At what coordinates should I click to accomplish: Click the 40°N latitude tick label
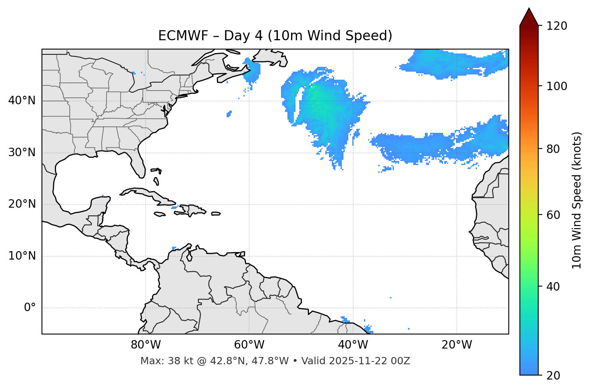click(x=22, y=101)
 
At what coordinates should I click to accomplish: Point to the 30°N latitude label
click(x=22, y=153)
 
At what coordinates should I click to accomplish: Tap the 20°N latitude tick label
click(x=22, y=204)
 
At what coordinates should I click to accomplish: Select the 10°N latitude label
click(x=22, y=256)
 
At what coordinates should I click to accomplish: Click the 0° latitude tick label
click(x=30, y=308)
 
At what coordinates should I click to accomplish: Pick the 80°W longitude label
click(x=146, y=345)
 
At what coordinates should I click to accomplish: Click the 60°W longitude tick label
click(x=249, y=345)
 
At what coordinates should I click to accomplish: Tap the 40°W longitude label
click(x=353, y=345)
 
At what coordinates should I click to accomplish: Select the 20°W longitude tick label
click(x=456, y=345)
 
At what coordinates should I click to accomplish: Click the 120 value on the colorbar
click(x=557, y=26)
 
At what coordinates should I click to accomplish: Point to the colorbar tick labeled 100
click(x=557, y=86)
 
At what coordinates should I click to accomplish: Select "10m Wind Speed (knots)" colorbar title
click(x=577, y=200)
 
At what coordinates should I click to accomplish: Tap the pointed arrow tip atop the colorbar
click(x=529, y=10)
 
